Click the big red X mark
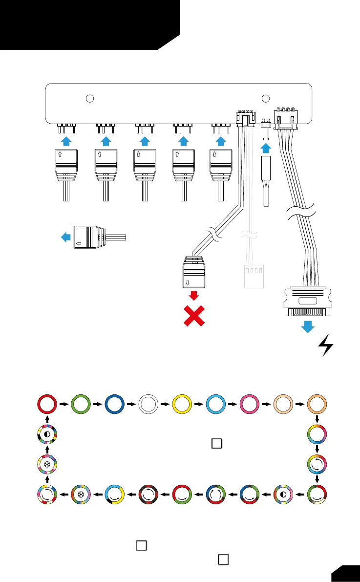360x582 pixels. (193, 317)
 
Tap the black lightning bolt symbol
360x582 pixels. (326, 345)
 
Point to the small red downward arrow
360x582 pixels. (194, 295)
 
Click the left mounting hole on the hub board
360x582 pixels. (89, 98)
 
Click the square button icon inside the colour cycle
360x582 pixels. (217, 443)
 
